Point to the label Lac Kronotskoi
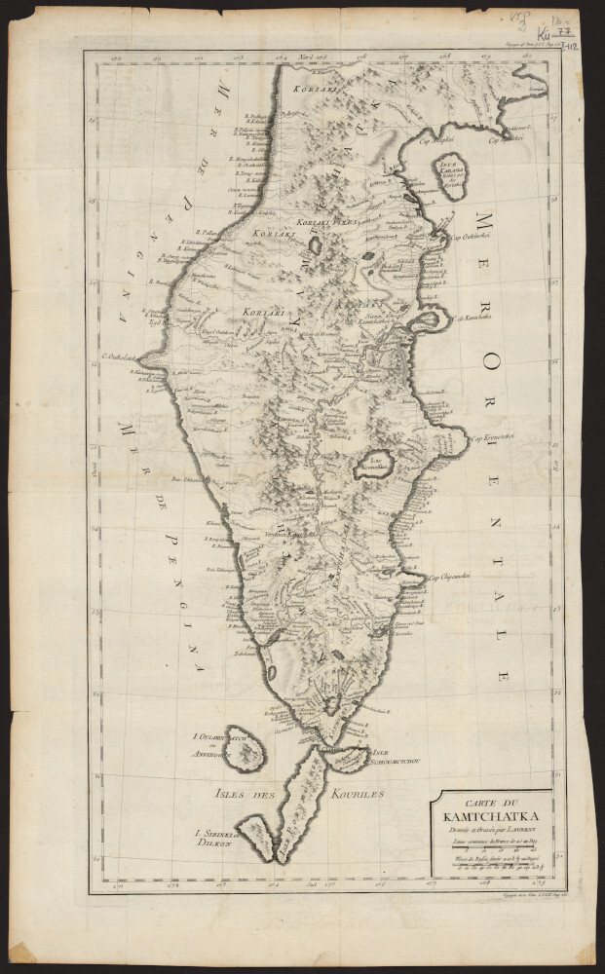pyautogui.click(x=376, y=467)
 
